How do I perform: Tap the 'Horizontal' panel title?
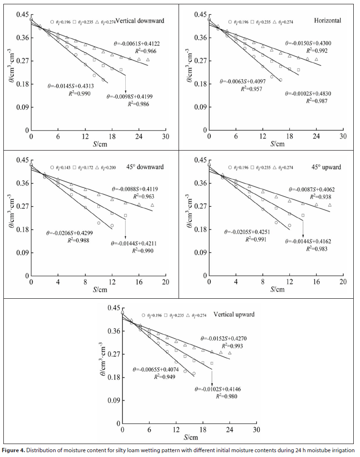tap(327, 21)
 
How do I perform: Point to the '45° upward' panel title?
tap(326, 167)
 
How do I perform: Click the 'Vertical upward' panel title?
tap(235, 315)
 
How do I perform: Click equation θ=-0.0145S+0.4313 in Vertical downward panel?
tap(71, 86)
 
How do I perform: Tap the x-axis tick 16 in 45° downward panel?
tap(138, 283)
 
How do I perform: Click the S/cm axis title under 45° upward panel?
tap(276, 290)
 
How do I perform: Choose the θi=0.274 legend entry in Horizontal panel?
tap(283, 22)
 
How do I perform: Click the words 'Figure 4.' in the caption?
tap(14, 450)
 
